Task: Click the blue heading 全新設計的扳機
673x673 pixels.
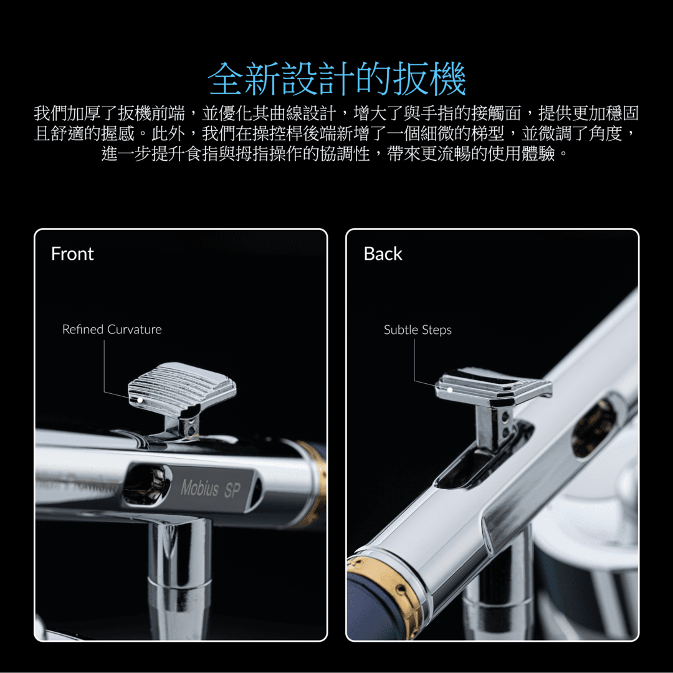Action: (337, 79)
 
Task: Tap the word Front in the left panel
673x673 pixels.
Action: (72, 254)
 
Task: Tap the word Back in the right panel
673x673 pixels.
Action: (383, 254)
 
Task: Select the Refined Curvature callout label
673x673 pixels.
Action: (112, 329)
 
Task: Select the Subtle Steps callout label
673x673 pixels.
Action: (418, 330)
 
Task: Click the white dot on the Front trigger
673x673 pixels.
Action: (140, 400)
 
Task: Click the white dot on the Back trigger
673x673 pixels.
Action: (450, 389)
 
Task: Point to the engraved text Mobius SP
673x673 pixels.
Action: (211, 489)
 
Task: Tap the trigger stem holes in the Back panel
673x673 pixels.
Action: (505, 423)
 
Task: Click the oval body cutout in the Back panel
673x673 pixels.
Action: (594, 427)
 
